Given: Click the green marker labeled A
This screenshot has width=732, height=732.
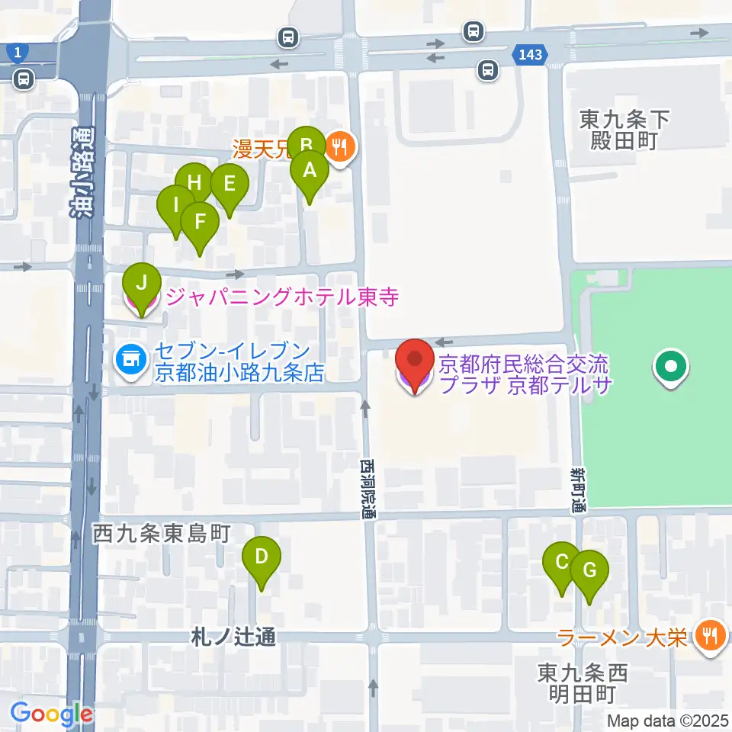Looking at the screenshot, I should click(x=309, y=172).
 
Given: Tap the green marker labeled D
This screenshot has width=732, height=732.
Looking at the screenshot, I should click(x=261, y=557).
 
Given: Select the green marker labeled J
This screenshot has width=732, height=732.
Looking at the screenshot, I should click(x=141, y=284).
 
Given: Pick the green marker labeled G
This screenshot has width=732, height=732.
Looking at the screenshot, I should click(x=589, y=570).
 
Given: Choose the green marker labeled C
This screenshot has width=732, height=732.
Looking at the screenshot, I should click(x=562, y=563).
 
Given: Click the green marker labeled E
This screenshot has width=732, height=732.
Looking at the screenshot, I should click(x=229, y=185).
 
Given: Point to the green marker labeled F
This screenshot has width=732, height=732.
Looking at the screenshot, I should click(x=200, y=223).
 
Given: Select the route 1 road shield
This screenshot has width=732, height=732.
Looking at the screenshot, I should click(x=16, y=52).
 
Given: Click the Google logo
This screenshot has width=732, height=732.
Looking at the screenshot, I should click(x=51, y=714).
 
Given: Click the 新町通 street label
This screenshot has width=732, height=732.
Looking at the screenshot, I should click(x=577, y=489).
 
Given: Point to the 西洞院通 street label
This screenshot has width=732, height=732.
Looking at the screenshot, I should click(x=368, y=488).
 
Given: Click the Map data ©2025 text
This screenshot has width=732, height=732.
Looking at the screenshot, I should click(x=668, y=720).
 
